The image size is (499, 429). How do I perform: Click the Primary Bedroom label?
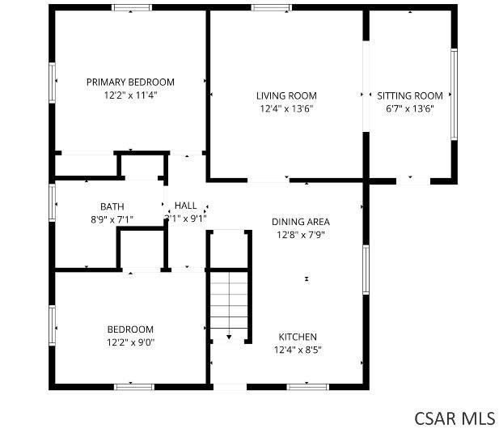click(x=130, y=82)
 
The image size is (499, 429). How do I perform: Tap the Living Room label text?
click(x=286, y=96)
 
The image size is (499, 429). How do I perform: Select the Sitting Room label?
click(x=410, y=96)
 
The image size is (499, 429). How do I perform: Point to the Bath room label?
click(x=112, y=206)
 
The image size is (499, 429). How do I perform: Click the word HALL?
click(x=185, y=206)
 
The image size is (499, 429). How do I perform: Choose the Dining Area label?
click(x=300, y=222)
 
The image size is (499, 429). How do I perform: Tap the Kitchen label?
click(x=298, y=337)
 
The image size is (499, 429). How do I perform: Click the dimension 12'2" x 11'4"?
click(x=130, y=95)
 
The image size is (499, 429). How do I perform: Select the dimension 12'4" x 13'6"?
click(x=286, y=108)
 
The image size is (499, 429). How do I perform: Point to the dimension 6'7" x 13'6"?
click(x=410, y=108)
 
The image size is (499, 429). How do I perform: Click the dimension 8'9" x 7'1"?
click(x=112, y=219)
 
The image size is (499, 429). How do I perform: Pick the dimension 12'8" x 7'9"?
click(x=300, y=235)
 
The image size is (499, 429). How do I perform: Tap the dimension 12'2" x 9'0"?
click(x=130, y=342)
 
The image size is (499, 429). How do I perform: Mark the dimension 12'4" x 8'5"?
click(x=298, y=350)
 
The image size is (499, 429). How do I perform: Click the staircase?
click(x=229, y=303)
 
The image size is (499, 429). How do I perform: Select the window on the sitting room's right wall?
click(x=454, y=95)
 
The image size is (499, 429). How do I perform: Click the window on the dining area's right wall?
click(x=366, y=269)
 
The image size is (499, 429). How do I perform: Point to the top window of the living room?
click(x=266, y=8)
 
